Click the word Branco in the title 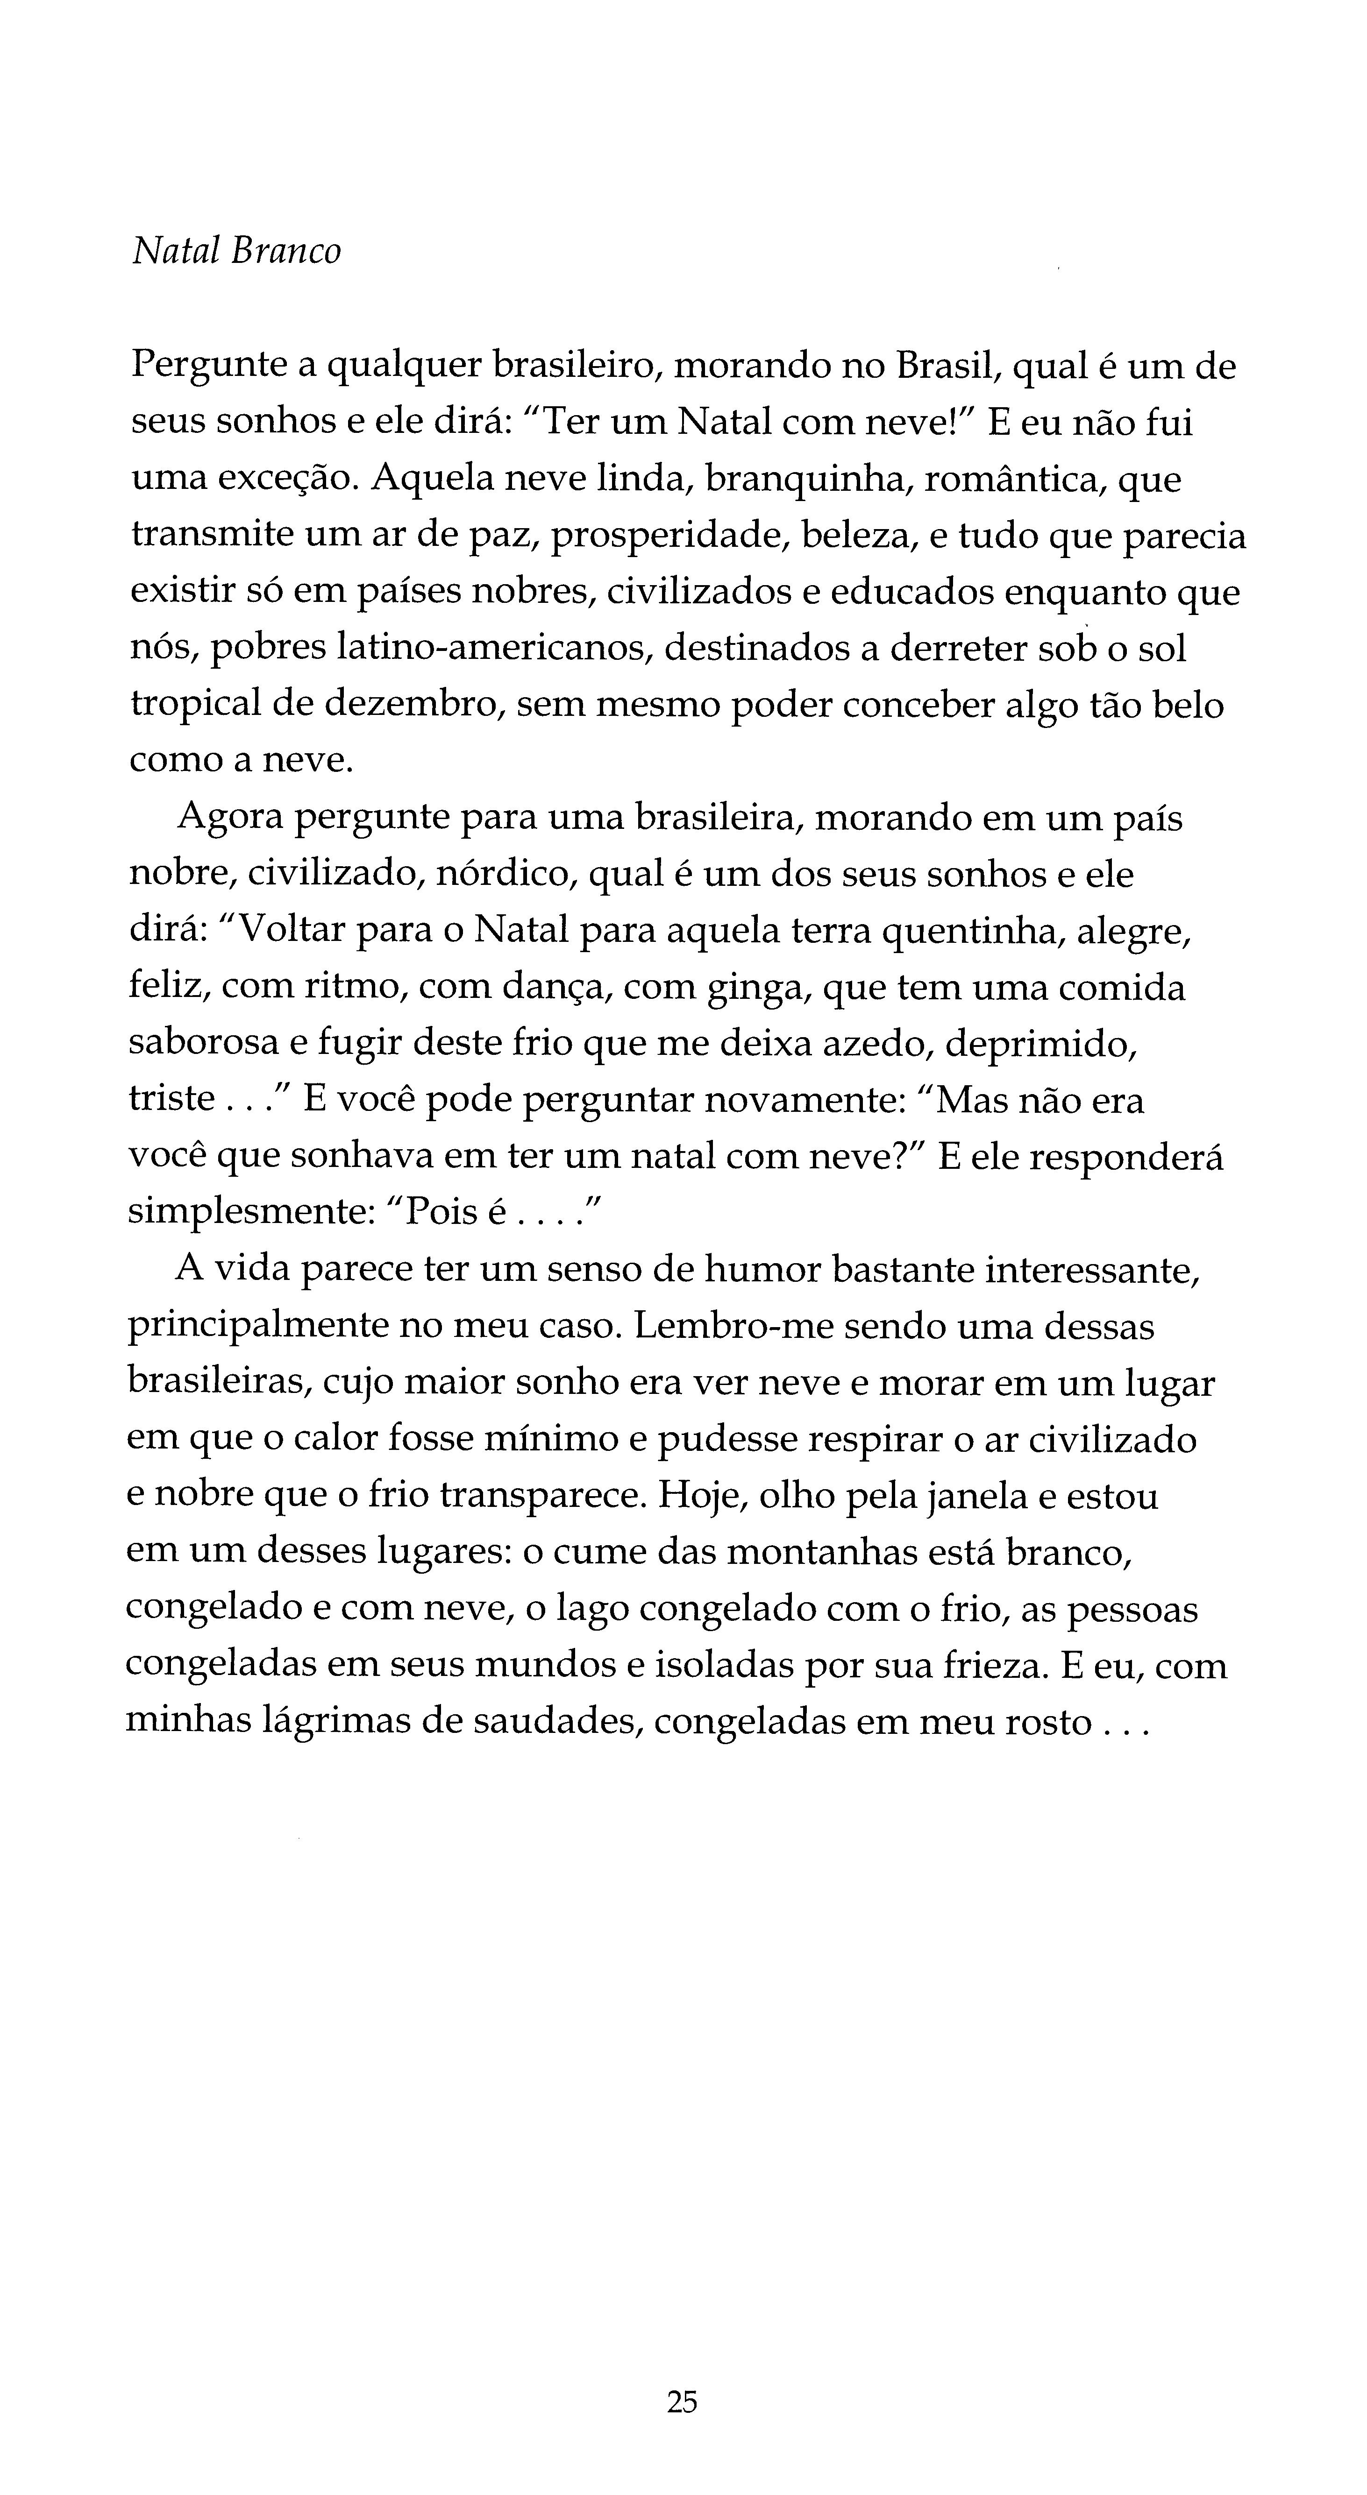click(286, 252)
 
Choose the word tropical click(194, 705)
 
